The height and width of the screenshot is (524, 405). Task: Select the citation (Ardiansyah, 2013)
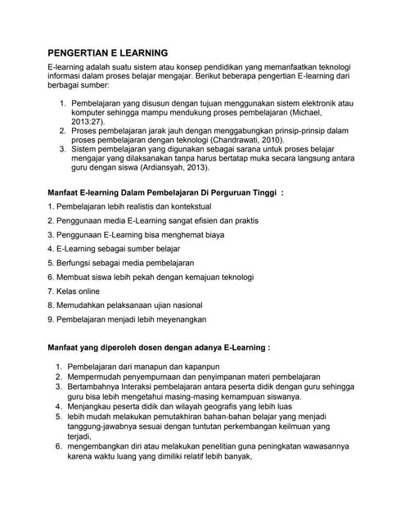coord(169,169)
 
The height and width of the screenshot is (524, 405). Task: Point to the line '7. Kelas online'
coord(73,291)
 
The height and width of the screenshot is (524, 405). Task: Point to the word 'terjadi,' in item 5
coord(83,436)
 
